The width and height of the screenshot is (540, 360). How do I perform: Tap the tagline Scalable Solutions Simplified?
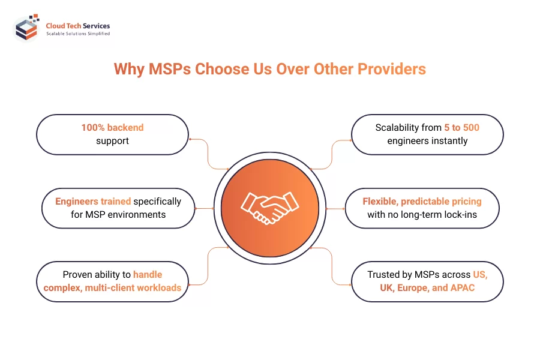(x=78, y=34)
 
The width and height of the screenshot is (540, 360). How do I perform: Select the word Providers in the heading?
(x=392, y=69)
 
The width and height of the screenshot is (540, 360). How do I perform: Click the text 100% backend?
(x=113, y=127)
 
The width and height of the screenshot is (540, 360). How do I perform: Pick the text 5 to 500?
(x=461, y=127)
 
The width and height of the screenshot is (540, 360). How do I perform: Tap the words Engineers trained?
(x=93, y=202)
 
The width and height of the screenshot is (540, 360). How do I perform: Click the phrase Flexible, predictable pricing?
(x=422, y=202)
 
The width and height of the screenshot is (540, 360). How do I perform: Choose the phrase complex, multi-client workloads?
(x=112, y=287)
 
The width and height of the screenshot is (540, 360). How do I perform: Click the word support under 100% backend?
(x=113, y=141)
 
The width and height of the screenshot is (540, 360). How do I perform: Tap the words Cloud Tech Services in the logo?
(x=78, y=26)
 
